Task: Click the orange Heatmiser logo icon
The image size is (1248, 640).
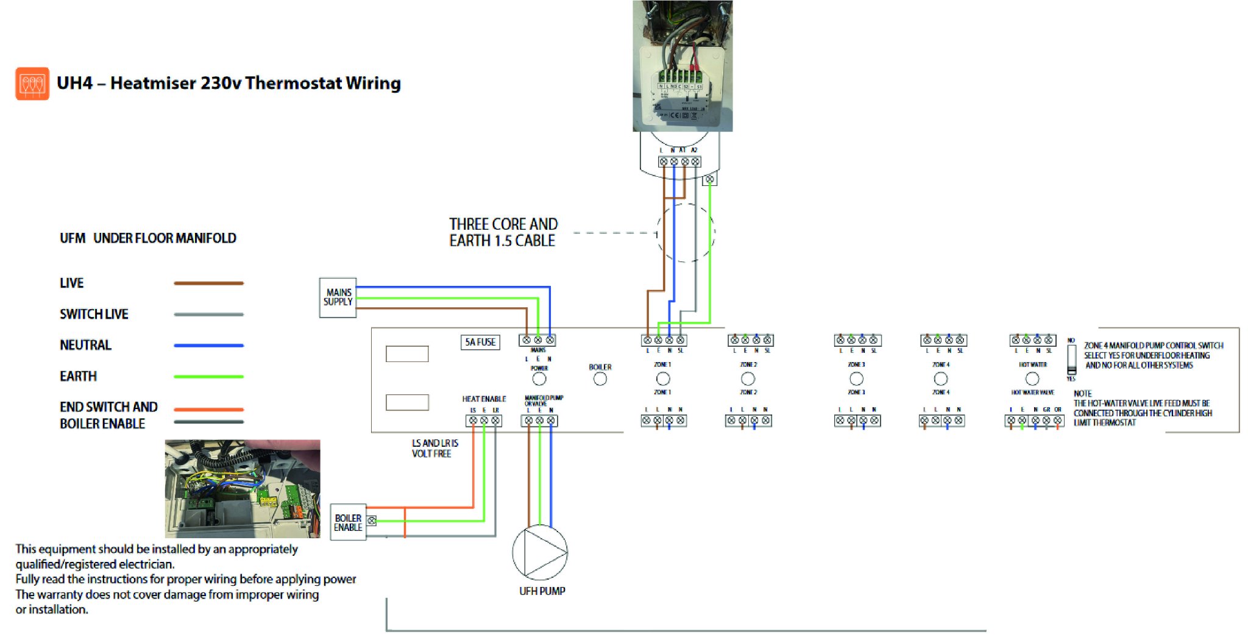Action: (32, 84)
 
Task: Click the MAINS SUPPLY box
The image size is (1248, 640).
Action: (338, 297)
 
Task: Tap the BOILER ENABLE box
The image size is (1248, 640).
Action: (348, 522)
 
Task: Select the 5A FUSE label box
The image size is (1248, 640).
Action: (480, 342)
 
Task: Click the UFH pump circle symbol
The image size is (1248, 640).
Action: (540, 552)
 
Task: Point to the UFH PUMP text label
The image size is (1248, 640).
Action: (542, 591)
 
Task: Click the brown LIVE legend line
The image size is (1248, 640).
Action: (208, 283)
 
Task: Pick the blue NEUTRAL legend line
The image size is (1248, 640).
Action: (208, 345)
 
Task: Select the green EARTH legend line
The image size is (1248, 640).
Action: (208, 377)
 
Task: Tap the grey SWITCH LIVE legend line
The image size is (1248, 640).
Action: (208, 315)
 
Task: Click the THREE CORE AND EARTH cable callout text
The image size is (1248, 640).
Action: (503, 232)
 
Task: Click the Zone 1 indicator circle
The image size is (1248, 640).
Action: (663, 379)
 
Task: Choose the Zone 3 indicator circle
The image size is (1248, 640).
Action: (856, 379)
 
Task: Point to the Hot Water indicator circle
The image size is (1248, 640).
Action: (1032, 379)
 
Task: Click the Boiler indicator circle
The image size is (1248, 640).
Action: (600, 379)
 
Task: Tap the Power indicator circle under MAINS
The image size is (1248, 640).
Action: (539, 379)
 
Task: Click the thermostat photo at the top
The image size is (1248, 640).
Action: (682, 66)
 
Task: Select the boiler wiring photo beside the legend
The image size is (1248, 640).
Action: (243, 488)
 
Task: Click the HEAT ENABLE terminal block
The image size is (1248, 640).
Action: (484, 421)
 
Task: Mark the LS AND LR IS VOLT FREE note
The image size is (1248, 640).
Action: (434, 448)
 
